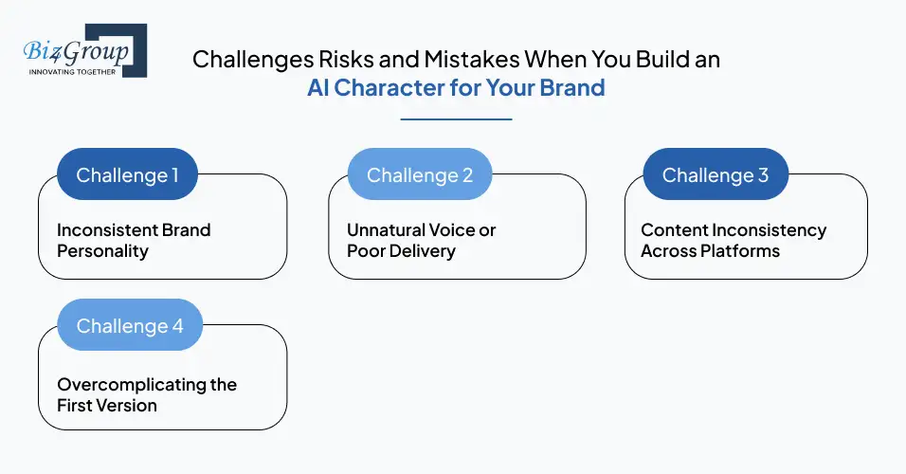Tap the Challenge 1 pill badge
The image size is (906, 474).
point(127,174)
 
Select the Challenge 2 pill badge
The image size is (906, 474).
point(419,174)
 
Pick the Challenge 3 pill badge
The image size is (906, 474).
point(716,174)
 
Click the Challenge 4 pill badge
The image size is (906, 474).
point(130,325)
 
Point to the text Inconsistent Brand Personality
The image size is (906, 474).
point(134,241)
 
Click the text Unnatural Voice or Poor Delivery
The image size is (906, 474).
point(421,241)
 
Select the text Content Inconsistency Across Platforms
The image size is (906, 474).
point(734,241)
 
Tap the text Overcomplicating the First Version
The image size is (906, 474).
point(147,395)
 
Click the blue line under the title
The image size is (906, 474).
point(456,119)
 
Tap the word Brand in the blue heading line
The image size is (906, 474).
point(572,89)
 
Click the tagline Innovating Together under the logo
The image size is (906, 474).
point(72,71)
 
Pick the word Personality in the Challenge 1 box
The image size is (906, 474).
point(102,251)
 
